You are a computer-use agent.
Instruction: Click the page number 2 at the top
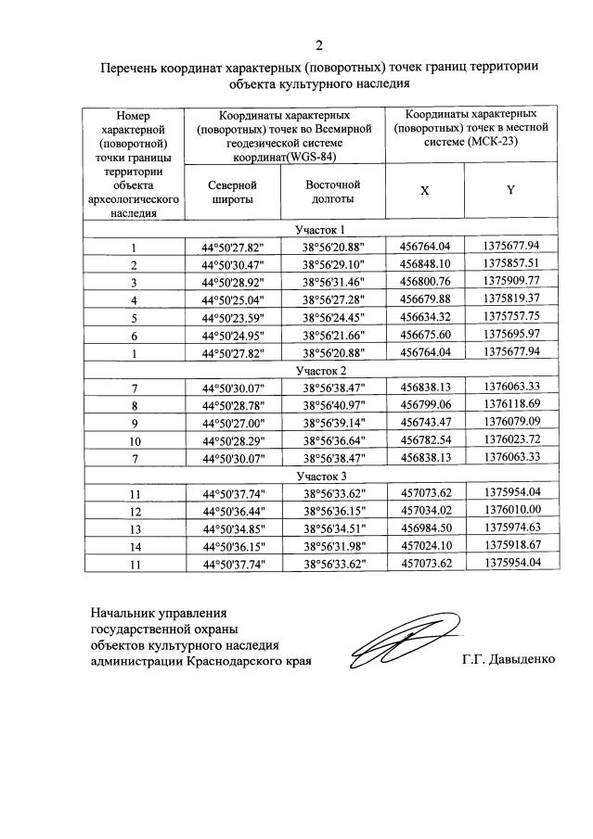[318, 46]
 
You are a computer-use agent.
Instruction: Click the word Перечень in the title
[132, 68]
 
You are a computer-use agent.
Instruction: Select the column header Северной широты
[232, 192]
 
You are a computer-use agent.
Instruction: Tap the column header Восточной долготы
[332, 191]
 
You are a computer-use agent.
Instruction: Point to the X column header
[424, 190]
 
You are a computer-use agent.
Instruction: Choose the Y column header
[510, 190]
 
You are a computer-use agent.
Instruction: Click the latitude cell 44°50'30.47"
[232, 265]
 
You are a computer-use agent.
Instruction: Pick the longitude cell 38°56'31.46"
[332, 283]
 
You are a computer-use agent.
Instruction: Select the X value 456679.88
[425, 299]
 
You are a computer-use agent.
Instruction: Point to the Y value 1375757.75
[511, 317]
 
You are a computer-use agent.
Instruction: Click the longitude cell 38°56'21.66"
[332, 335]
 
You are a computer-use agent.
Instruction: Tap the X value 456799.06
[425, 405]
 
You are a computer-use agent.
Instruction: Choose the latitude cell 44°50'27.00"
[232, 423]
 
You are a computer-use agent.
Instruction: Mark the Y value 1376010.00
[511, 511]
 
